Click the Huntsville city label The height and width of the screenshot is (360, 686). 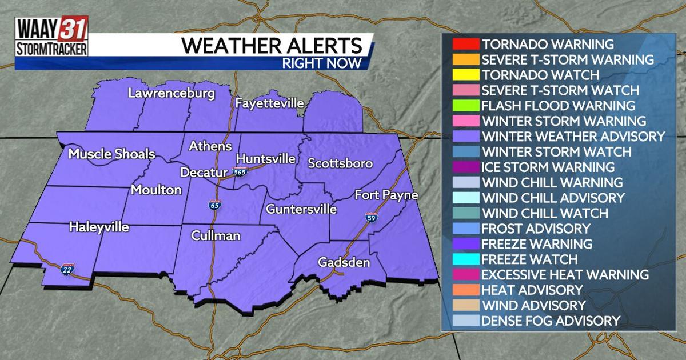coord(265,158)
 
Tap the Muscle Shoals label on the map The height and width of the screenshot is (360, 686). coord(111,154)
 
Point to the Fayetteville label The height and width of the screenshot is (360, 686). coord(269,103)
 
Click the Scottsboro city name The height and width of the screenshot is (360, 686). coord(340,163)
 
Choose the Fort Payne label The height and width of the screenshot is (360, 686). coord(386,195)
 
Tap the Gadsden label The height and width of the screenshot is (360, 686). coord(344,262)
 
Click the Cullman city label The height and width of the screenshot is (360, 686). coord(216,235)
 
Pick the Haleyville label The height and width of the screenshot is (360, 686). coord(99,227)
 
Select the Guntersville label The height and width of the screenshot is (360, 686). coord(301,209)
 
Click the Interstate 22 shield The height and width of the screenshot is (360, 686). coord(66,269)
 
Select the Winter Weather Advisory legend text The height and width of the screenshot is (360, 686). coord(573,137)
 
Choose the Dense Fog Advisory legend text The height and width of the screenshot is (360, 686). coord(551,321)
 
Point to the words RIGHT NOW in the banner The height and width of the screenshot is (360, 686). coord(322,63)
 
